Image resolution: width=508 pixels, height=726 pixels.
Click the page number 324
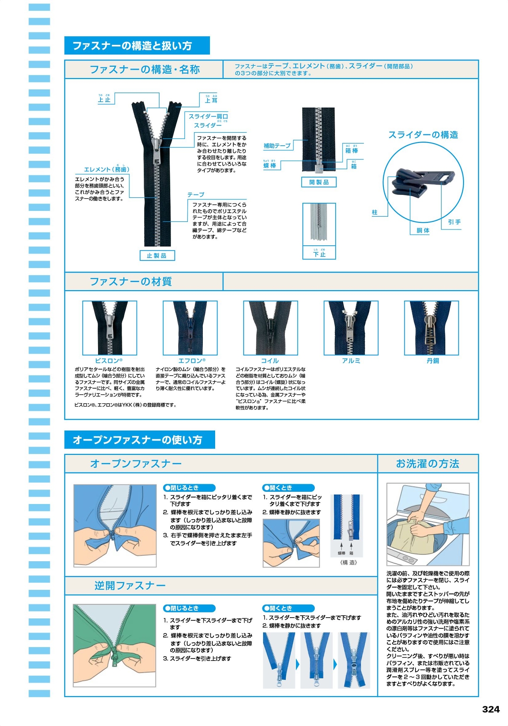coord(491,709)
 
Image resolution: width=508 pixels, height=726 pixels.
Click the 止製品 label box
coord(157,255)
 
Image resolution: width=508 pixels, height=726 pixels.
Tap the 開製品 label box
coord(319,182)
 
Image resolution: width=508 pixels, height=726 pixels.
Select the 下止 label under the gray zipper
coord(319,254)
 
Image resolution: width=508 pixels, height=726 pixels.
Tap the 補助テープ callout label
coord(277,146)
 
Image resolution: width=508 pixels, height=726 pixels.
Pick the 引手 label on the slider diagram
coord(454,222)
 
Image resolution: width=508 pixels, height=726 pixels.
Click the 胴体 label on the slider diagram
coord(423,230)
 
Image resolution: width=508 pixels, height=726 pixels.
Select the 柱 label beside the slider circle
coord(374,212)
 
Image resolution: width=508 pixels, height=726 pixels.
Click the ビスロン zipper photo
coord(110,328)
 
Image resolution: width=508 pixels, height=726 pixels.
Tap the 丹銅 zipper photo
coord(431,328)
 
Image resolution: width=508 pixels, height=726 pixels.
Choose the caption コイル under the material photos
coord(270,360)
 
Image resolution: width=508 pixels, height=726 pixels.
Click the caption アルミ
coord(351,360)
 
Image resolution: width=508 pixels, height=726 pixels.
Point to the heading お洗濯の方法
coord(427,464)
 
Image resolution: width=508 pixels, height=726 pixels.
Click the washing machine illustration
coord(428,524)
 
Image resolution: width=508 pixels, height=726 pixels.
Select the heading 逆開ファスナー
coord(130,585)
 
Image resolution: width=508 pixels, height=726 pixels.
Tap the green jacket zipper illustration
coord(114,645)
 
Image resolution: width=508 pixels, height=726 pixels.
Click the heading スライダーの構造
coord(423,135)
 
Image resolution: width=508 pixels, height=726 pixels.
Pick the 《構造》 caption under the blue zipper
coord(348,562)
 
